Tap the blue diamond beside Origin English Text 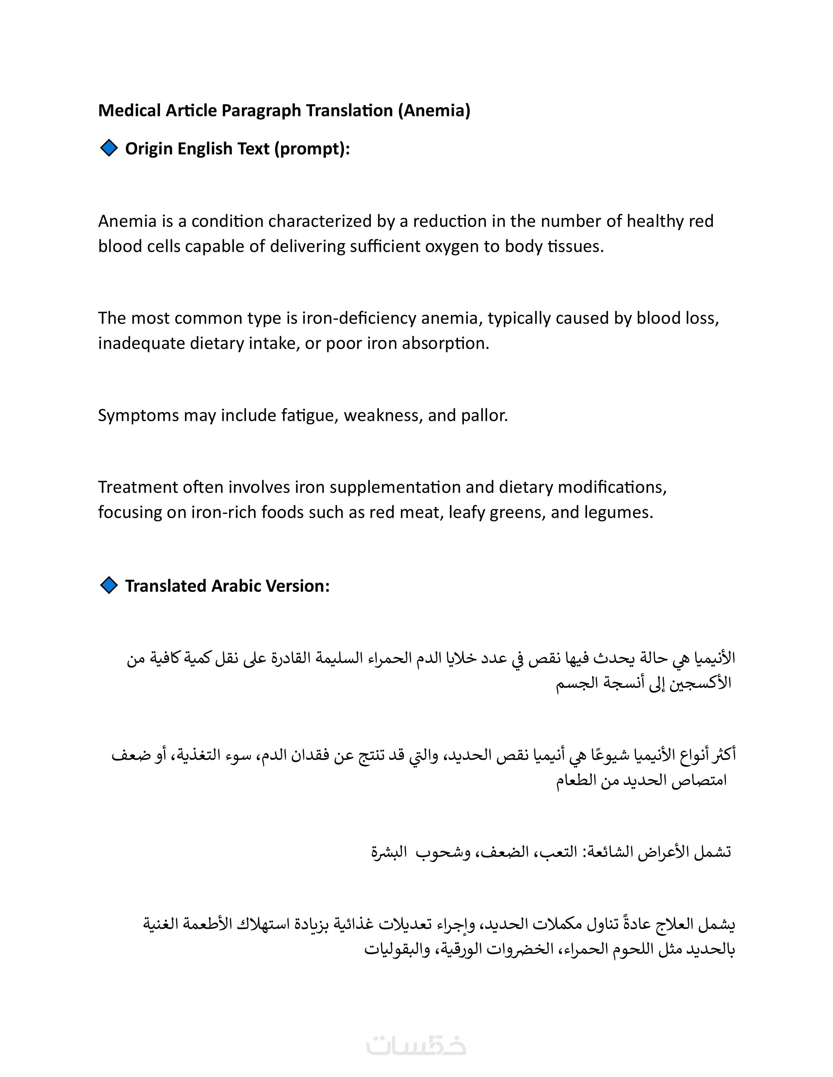[108, 148]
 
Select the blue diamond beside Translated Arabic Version [108, 585]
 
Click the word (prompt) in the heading [312, 148]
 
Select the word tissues [576, 246]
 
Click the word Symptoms [138, 416]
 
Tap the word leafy [467, 512]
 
